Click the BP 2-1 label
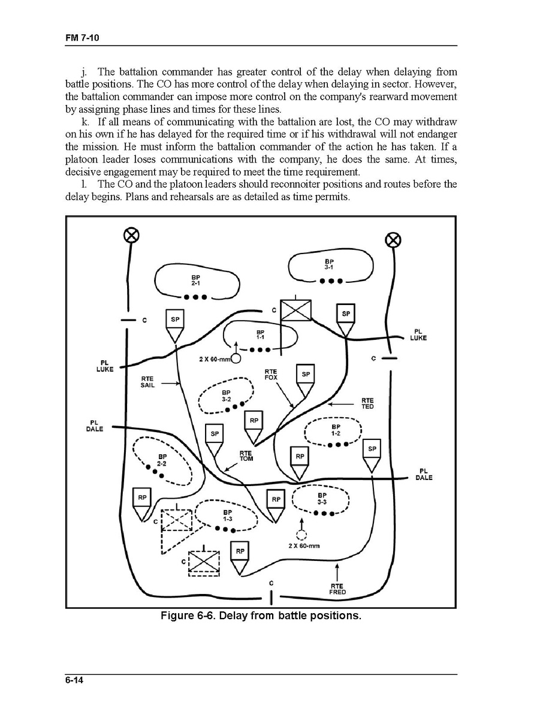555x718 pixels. coord(196,280)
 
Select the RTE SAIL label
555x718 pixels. coord(147,382)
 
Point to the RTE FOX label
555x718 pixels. coord(270,375)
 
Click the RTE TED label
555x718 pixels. coord(367,403)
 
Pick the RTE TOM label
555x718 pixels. coord(246,456)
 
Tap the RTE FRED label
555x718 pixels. coord(337,589)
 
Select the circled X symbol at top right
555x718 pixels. coord(393,240)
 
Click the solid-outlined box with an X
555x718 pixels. coord(297,310)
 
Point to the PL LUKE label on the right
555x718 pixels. coord(418,334)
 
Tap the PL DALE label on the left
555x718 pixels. coord(95,425)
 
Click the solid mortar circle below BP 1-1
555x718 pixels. coord(236,358)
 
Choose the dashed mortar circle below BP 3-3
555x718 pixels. coord(301,535)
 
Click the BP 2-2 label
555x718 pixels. coord(161,460)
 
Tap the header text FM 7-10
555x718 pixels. coord(82,39)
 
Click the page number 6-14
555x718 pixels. coord(74,680)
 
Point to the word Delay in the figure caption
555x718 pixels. coord(234,616)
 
